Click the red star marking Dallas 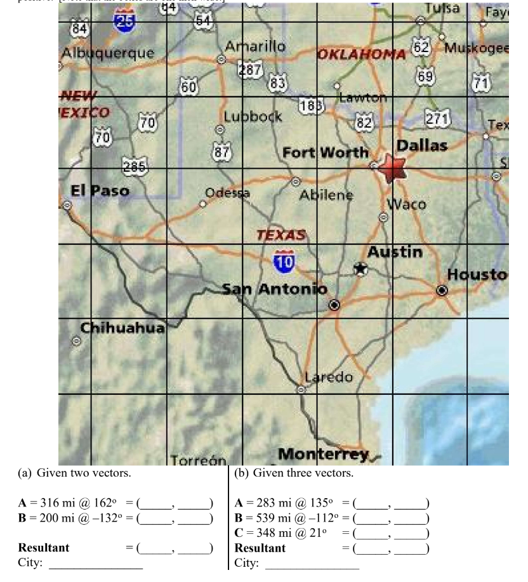point(393,168)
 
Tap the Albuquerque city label point(107,53)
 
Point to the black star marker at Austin point(360,268)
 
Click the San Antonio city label point(274,289)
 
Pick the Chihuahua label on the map point(122,327)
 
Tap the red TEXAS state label point(281,235)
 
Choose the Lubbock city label point(253,117)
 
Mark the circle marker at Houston point(442,290)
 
